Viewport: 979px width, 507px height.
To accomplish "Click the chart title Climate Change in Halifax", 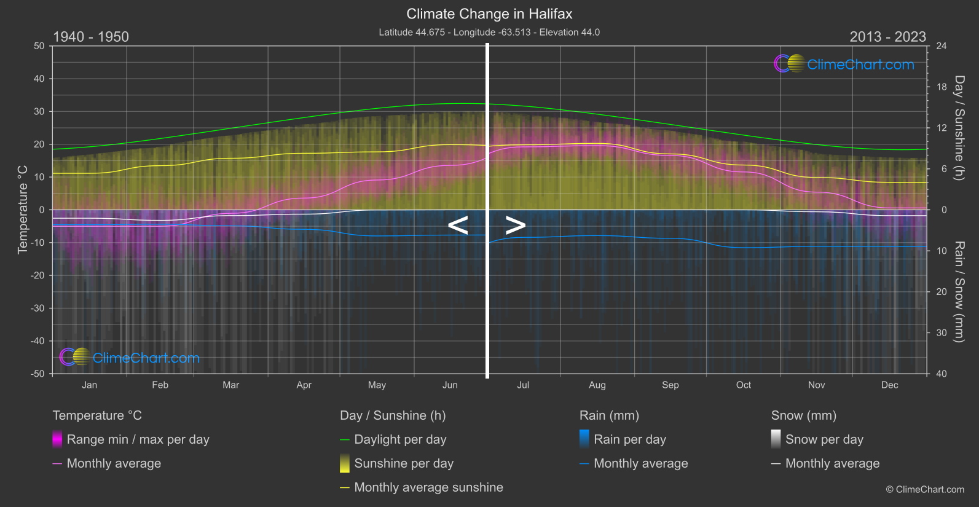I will (x=489, y=14).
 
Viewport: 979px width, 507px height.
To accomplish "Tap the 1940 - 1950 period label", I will (x=91, y=37).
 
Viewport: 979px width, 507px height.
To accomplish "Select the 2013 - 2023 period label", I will (x=887, y=37).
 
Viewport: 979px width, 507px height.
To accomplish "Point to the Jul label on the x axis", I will (x=523, y=385).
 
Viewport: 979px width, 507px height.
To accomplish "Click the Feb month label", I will (x=160, y=385).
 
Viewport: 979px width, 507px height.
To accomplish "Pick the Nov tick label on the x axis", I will (x=816, y=385).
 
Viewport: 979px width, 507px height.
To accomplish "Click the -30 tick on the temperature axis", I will (x=38, y=309).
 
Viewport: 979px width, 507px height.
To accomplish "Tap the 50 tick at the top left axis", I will (x=39, y=46).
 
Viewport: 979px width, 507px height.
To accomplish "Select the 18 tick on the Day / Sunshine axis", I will (x=942, y=87).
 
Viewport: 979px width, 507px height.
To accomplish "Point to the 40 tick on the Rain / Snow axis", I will (x=942, y=374).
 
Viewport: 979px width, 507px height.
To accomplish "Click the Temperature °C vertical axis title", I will (x=23, y=210).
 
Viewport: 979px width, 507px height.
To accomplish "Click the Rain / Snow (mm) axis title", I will (x=959, y=292).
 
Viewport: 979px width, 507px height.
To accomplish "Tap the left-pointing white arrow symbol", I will (x=458, y=226).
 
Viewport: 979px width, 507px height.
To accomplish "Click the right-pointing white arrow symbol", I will (x=515, y=226).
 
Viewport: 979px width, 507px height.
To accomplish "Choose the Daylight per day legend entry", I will (x=400, y=439).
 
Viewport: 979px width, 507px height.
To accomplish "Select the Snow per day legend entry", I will (x=824, y=439).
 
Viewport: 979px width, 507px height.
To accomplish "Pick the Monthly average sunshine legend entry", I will (x=428, y=487).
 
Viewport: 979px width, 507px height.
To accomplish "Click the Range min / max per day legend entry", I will (x=138, y=439).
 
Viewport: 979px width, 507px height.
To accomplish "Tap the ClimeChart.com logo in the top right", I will (x=844, y=64).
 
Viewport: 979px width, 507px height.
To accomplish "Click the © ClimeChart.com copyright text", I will (x=925, y=490).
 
